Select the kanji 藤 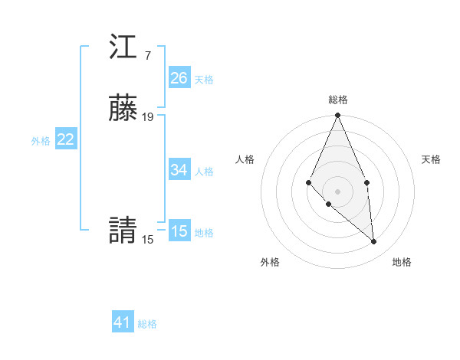point(123,110)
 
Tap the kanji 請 point(123,231)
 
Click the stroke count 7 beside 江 point(147,56)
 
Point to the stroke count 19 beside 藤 point(148,117)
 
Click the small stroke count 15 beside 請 point(147,240)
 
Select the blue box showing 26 point(179,78)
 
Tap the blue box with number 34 point(179,170)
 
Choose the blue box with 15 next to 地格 point(179,231)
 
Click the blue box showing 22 point(66,139)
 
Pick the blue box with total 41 point(123,322)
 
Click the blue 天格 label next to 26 point(204,80)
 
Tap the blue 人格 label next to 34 point(204,172)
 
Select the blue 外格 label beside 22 point(41,141)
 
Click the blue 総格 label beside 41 point(147,324)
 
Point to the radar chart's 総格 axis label point(338,100)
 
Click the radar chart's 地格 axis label point(402,262)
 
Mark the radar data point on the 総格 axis point(338,116)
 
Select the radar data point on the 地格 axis point(374,241)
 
